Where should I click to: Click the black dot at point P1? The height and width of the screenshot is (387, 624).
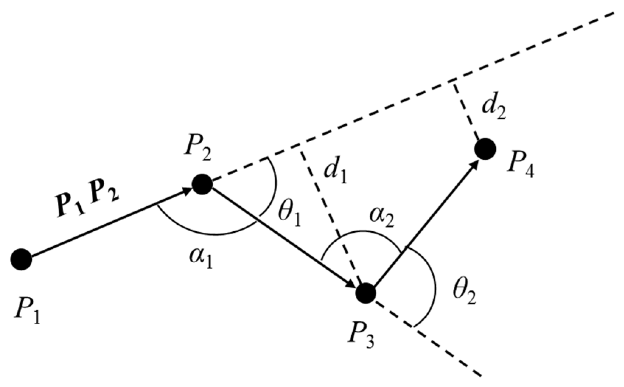[21, 260]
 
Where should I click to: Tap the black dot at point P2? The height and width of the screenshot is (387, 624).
[202, 184]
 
